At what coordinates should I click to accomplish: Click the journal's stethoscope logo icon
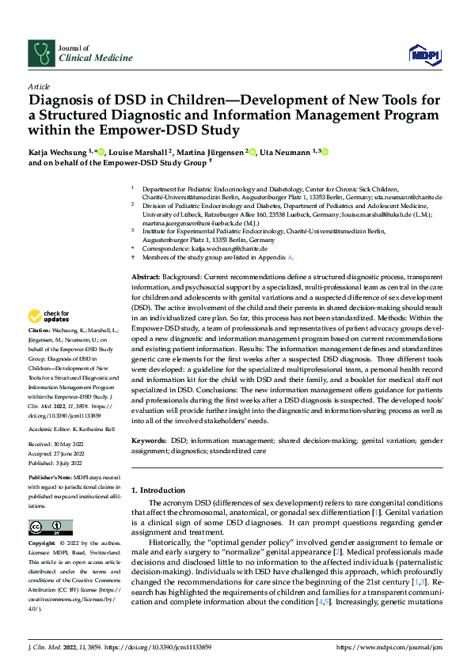click(39, 53)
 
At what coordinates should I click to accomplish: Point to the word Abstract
click(145, 274)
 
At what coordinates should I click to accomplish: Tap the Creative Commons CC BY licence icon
click(50, 528)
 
